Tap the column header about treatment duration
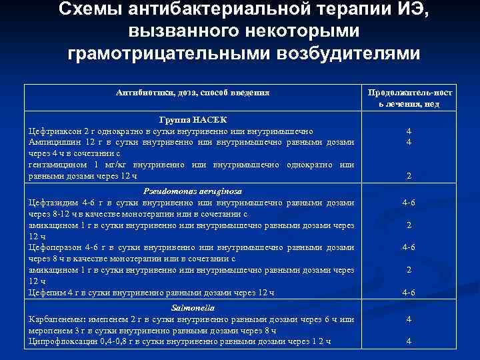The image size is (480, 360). coord(413,97)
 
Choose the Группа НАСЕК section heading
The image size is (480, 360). coord(193,119)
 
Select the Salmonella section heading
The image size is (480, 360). coord(192,309)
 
